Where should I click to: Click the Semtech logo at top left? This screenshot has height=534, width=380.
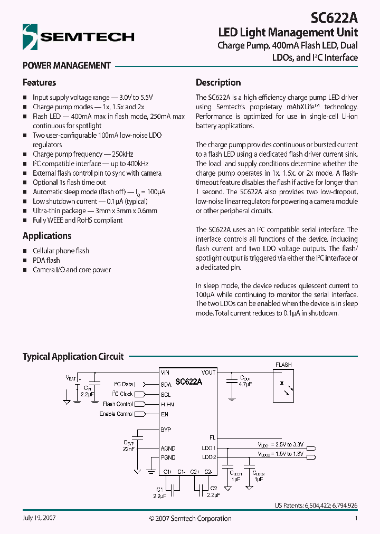point(78,36)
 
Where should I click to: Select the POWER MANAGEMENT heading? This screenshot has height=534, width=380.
point(66,65)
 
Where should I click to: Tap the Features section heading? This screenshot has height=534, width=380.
point(39,82)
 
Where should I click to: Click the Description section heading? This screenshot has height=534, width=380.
point(218,82)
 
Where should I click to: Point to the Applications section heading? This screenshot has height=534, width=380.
point(47,236)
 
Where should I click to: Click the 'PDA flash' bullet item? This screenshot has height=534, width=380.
point(46,260)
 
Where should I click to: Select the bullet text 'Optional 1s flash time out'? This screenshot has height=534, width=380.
point(69,183)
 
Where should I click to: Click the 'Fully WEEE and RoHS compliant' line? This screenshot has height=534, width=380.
point(78,220)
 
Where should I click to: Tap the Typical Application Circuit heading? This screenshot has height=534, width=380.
point(73,357)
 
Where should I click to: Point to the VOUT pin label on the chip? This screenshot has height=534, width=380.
point(208,373)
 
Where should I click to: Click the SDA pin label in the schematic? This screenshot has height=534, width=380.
point(166,385)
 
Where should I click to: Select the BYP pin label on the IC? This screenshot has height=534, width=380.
point(166,430)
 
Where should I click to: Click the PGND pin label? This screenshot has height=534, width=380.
point(168,457)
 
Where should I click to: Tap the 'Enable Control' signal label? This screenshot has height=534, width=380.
point(116,414)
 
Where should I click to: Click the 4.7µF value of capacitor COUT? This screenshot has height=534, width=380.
point(246,385)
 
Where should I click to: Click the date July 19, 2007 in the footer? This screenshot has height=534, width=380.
point(39,518)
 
